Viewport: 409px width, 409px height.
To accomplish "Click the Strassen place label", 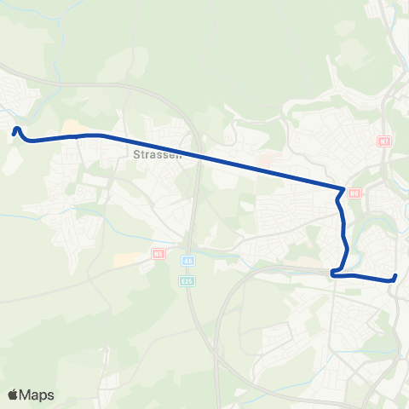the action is tap(153, 155).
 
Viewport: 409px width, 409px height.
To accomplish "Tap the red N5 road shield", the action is tap(158, 253).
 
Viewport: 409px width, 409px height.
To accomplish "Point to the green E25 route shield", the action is tap(187, 279).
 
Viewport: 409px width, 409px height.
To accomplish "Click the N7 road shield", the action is tap(384, 141).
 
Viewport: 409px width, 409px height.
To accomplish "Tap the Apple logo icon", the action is tap(13, 395).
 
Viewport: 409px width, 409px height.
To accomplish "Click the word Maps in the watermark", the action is tap(37, 395).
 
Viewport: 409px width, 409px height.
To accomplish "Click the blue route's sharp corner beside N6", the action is tap(343, 189).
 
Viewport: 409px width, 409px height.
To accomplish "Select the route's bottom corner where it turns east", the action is tap(333, 274).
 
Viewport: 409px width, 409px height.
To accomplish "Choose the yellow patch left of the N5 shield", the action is tap(125, 257).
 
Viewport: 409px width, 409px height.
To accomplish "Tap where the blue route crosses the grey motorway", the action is tap(198, 154).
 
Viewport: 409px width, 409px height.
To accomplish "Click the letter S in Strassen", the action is tap(136, 155).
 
